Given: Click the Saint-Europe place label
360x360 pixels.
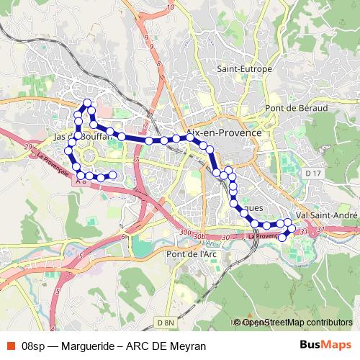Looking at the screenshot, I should pyautogui.click(x=245, y=70).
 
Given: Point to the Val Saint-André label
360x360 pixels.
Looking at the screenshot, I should pyautogui.click(x=328, y=215).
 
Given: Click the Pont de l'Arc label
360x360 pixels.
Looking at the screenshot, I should pyautogui.click(x=191, y=253).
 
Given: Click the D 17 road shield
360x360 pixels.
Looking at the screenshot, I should pyautogui.click(x=312, y=174).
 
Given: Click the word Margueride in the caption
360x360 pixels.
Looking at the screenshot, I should pyautogui.click(x=87, y=346).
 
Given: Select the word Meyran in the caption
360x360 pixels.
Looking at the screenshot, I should pyautogui.click(x=190, y=346).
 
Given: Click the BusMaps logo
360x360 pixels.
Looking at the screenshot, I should pyautogui.click(x=326, y=345).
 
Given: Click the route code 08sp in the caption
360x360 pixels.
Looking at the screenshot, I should pyautogui.click(x=35, y=346).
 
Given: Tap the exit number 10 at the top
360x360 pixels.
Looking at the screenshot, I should pyautogui.click(x=170, y=7).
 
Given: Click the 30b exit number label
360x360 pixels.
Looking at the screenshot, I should pyautogui.click(x=199, y=235).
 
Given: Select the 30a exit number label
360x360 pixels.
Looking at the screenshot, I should pyautogui.click(x=186, y=232).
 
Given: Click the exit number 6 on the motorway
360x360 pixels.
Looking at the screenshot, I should pyautogui.click(x=123, y=236).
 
